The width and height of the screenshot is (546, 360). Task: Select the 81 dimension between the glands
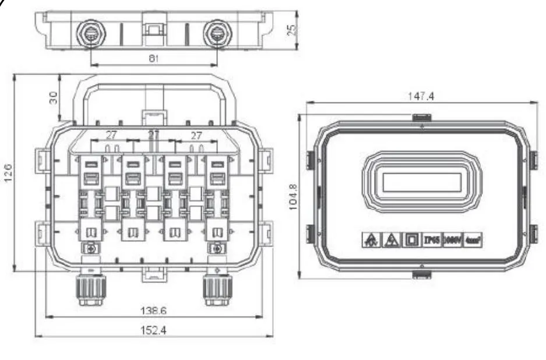click(x=154, y=59)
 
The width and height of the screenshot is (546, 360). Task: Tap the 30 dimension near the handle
click(x=54, y=97)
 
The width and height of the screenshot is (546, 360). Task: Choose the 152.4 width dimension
click(x=154, y=330)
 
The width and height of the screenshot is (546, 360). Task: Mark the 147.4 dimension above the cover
click(x=420, y=97)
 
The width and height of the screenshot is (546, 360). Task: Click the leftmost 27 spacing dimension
click(x=111, y=135)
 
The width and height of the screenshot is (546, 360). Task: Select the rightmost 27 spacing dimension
click(x=196, y=135)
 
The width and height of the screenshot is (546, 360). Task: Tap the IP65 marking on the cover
click(x=430, y=239)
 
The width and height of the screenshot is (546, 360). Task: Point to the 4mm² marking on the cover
click(x=473, y=239)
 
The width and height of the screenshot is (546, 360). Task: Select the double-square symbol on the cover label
click(x=410, y=239)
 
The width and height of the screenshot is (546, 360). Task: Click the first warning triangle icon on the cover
click(x=371, y=239)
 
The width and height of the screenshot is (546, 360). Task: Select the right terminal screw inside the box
click(x=217, y=249)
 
